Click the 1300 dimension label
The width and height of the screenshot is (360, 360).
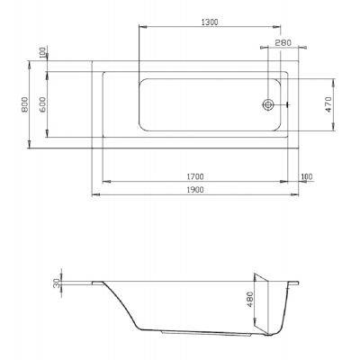[x=210, y=22]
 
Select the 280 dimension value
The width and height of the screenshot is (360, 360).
[x=283, y=43]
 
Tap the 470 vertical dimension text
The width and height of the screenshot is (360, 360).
[x=328, y=104]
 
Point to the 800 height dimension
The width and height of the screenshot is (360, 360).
[x=24, y=104]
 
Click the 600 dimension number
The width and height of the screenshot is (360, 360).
[x=42, y=104]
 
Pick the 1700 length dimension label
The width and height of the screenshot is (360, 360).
[x=195, y=176]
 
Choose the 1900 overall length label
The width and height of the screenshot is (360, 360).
[x=195, y=190]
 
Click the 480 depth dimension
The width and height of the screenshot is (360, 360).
[x=249, y=300]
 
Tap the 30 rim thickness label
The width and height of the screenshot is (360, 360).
[x=57, y=283]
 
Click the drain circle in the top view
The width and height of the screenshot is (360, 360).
[x=268, y=104]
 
